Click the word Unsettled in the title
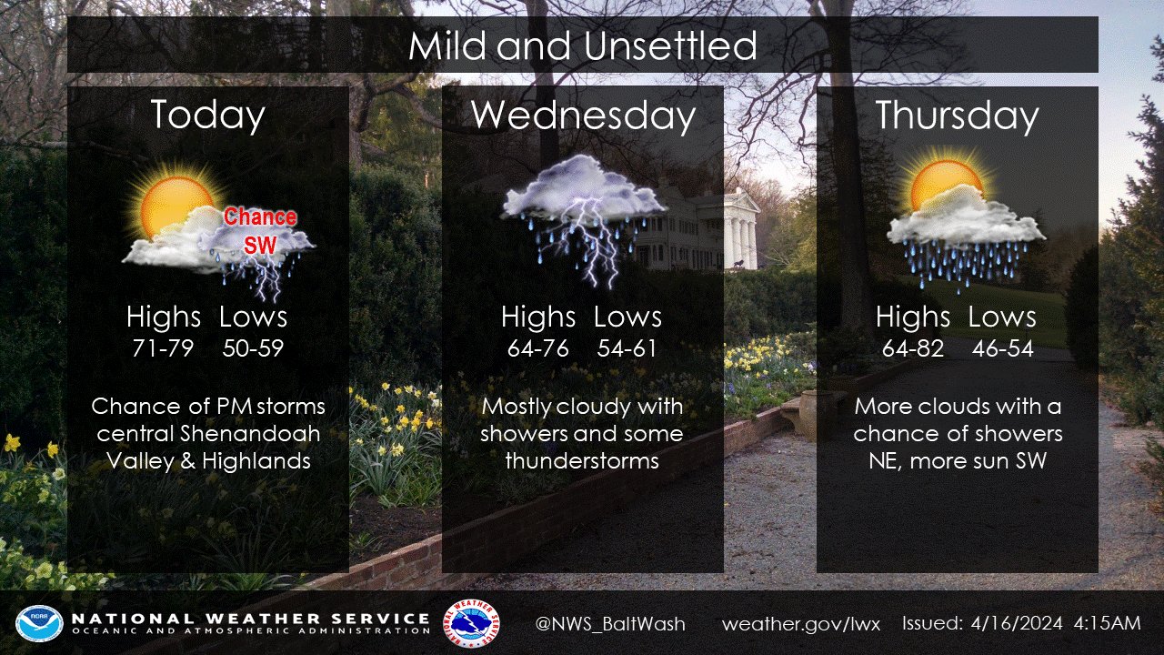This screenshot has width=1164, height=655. coord(671,45)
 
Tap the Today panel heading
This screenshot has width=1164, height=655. coord(208,116)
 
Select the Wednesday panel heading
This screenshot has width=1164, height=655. coord(583,116)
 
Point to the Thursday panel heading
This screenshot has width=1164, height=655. coord(958,116)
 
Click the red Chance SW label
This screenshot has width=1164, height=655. coord(260,231)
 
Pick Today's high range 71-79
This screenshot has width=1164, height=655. coord(163,348)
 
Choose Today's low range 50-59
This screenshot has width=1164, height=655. coord(253,348)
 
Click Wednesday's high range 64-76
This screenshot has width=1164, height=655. coord(537,348)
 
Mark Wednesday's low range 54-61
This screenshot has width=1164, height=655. coord(627,348)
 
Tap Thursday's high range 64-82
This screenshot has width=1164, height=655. coord(912,348)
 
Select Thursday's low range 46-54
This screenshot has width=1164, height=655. coord(1002,348)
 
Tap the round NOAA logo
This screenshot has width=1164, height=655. coord(39,623)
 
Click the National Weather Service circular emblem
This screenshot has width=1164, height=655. coord(472,623)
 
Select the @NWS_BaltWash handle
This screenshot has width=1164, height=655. coord(610,624)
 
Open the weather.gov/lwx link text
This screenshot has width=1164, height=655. coord(801,624)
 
